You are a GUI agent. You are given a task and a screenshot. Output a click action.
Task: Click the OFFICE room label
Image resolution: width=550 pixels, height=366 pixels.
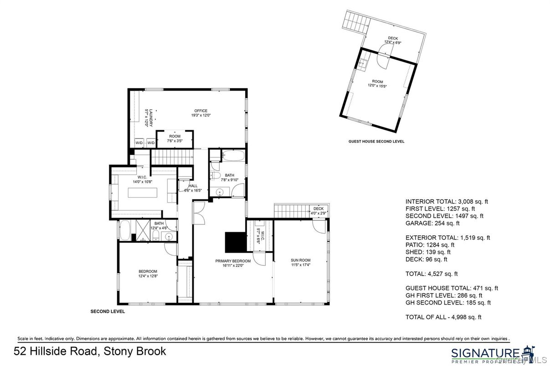pos(200,111)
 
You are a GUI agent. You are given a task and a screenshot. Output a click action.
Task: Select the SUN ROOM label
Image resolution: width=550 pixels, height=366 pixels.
pos(300,261)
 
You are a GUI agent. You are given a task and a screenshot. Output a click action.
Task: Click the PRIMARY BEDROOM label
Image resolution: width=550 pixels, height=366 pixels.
pos(233,261)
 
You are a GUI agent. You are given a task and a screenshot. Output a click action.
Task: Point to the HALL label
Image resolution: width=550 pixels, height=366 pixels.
pos(193,186)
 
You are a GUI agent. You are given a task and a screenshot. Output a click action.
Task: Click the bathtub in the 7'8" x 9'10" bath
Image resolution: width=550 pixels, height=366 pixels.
pos(232,157)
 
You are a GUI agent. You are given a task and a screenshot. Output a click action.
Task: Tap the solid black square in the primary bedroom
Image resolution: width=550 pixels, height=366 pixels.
pos(235,242)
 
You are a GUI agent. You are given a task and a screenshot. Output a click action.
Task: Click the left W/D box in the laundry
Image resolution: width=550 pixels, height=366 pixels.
pos(139,143)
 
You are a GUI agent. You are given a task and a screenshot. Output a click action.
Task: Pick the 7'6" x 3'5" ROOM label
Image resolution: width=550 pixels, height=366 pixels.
pos(175,136)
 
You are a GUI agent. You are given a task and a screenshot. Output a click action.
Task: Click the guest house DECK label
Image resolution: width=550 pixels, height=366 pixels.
pos(392,38)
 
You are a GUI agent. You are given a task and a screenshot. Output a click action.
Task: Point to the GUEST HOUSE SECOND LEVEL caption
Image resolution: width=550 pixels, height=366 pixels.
pos(376,142)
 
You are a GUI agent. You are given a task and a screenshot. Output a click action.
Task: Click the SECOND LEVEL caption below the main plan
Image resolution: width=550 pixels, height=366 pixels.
pos(108,312)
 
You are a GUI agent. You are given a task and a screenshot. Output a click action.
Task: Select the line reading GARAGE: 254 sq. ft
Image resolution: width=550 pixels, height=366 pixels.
pos(432,223)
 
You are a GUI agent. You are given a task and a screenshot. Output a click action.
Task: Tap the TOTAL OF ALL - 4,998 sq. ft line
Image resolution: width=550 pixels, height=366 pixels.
pos(443,317)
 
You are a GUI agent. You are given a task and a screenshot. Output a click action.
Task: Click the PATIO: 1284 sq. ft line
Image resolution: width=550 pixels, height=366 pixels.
pos(430,245)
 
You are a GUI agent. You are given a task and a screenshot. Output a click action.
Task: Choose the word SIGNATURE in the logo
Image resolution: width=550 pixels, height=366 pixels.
pos(485,353)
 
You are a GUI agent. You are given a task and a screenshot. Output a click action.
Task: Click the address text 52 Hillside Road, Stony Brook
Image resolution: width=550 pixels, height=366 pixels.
pos(90,351)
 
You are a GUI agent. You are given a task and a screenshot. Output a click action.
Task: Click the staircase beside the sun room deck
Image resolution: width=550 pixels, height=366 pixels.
pos(291,211)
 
